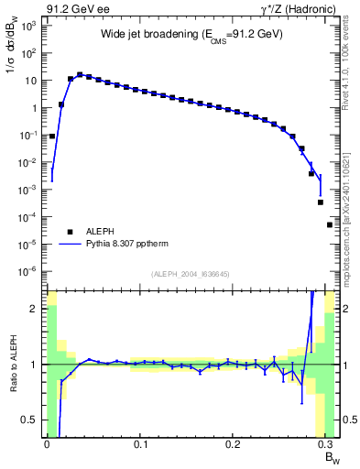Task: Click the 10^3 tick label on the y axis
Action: coord(28,26)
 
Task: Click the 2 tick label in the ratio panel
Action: coord(35,309)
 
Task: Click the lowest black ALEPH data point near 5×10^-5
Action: coord(330,224)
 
